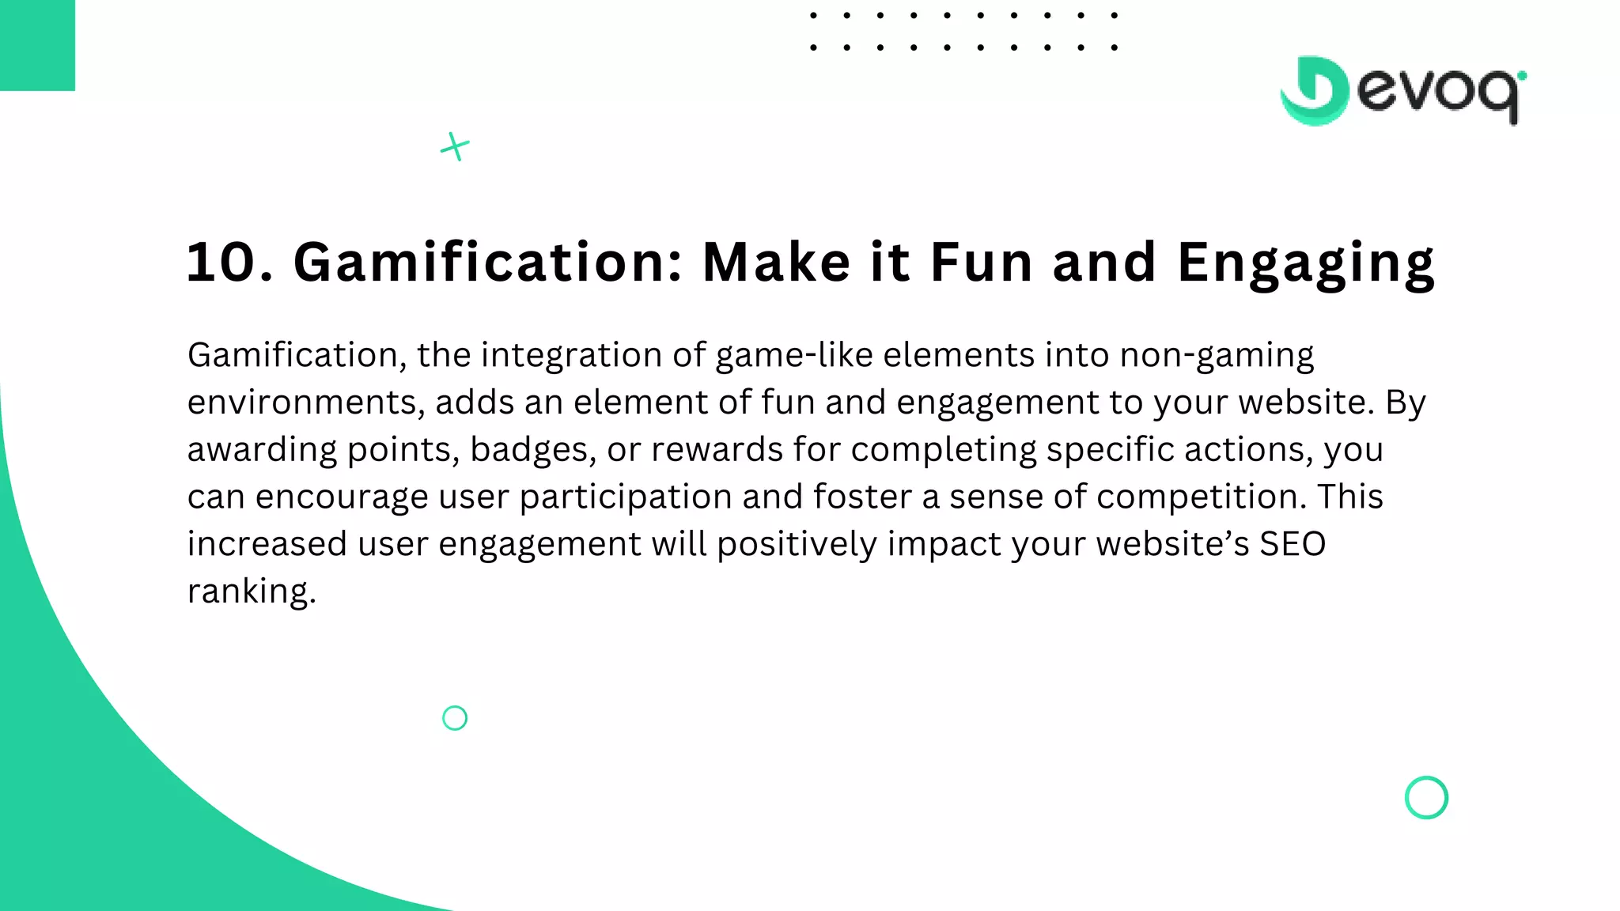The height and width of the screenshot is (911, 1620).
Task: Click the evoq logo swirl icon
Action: [x=1314, y=91]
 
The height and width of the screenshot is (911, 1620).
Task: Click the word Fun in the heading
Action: [x=981, y=263]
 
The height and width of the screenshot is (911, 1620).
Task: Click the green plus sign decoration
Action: [x=455, y=147]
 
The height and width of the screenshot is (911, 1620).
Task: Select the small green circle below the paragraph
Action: [x=455, y=718]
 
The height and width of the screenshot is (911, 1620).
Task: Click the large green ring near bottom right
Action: [x=1426, y=797]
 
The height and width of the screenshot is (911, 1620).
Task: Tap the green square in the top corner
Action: [x=37, y=45]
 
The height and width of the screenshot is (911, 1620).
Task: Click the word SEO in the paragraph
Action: [x=1293, y=544]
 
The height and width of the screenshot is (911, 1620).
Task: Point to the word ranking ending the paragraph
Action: [x=251, y=592]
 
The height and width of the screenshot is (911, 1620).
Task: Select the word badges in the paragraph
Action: [x=532, y=450]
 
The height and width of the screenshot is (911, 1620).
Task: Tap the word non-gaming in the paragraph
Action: [x=1217, y=356]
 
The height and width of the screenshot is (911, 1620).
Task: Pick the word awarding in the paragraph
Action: [x=262, y=450]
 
